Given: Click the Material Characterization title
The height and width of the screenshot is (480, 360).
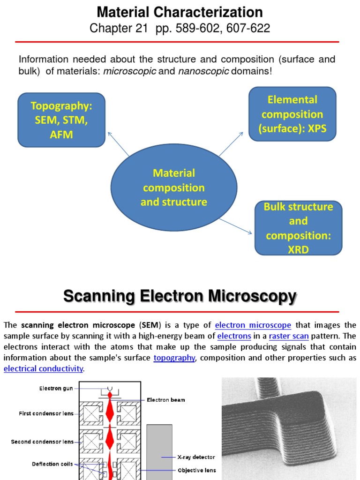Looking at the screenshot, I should (x=180, y=12).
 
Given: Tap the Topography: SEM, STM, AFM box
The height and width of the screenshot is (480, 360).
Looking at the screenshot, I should (x=61, y=120).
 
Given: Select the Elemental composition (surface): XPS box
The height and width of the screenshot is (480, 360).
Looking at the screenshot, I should (x=292, y=114).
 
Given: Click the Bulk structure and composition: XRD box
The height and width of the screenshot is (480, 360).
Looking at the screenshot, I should (x=298, y=228).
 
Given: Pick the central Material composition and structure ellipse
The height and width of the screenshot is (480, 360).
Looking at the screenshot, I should (x=174, y=187).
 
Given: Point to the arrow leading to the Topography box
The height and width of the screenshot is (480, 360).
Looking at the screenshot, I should (x=118, y=143).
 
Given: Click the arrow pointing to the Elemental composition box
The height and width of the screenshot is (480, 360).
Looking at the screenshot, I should (x=231, y=143).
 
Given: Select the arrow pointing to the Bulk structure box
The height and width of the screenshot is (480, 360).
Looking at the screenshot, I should (x=236, y=225).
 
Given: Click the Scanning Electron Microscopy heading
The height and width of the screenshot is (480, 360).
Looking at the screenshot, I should (x=180, y=296).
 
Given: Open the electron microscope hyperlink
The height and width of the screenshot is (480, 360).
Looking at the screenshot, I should (x=253, y=325).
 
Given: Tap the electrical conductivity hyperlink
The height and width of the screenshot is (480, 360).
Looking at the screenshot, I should (x=43, y=368).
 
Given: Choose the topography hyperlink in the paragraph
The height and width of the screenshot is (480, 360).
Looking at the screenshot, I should (x=174, y=358).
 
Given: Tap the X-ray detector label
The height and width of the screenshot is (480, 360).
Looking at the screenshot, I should (x=196, y=457).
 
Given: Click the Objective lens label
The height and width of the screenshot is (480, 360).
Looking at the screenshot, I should (x=196, y=470).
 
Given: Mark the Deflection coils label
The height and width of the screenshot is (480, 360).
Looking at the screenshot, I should (x=52, y=464).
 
